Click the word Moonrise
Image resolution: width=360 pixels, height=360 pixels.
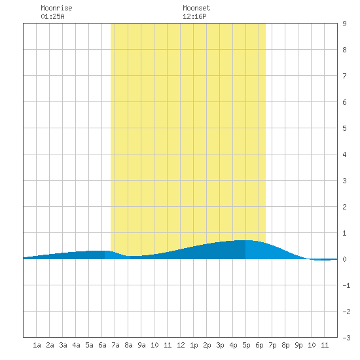(x=56, y=8)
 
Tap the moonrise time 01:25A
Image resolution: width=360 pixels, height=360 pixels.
(x=52, y=16)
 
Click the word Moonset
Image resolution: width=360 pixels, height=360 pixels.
(x=196, y=8)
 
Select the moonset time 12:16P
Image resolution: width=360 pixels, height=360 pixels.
(x=194, y=16)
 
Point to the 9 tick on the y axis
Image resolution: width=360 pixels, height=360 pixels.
(x=344, y=24)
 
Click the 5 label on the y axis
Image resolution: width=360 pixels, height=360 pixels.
(x=344, y=128)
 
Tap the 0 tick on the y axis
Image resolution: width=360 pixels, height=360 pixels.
(x=344, y=259)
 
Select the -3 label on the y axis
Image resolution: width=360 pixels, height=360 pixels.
(x=346, y=338)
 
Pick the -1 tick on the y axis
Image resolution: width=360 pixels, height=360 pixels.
(x=346, y=285)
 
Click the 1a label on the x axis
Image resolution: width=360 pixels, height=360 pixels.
(x=37, y=345)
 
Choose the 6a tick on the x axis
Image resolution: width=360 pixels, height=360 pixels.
(x=102, y=345)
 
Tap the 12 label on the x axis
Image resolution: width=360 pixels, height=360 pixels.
(x=181, y=345)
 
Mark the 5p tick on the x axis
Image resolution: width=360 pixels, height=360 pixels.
(x=246, y=345)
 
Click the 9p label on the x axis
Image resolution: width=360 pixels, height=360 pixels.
(x=298, y=345)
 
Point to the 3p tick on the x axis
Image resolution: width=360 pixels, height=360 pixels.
(x=220, y=345)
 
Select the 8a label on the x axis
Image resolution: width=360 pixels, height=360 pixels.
(x=128, y=345)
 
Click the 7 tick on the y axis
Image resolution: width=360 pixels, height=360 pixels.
(x=344, y=76)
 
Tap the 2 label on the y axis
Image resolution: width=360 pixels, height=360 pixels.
(x=344, y=207)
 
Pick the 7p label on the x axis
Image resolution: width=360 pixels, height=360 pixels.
(x=272, y=345)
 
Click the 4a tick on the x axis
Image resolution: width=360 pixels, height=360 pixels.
(x=76, y=345)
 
